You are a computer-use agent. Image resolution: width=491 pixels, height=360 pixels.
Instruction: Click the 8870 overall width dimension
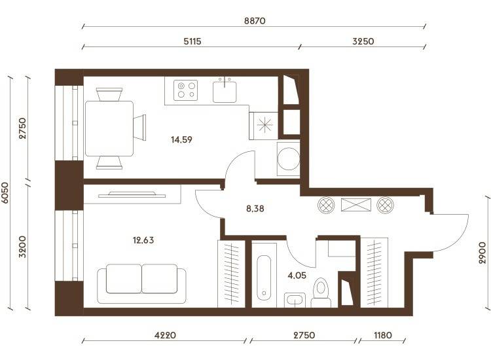coord(255,21)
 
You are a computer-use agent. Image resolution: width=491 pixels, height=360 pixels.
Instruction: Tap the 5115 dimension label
coord(192,41)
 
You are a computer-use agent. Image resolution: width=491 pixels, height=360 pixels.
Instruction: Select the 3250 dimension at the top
coord(363,41)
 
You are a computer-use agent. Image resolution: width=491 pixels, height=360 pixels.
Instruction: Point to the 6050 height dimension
coord(5,192)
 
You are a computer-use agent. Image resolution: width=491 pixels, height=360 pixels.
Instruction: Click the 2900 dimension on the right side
coord(482,253)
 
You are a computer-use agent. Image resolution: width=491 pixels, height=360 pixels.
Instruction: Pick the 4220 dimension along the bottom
coord(165,335)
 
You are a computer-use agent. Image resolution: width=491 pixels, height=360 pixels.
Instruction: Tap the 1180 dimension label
coord(383,335)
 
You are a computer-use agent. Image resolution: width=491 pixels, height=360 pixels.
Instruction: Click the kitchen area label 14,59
coord(181,139)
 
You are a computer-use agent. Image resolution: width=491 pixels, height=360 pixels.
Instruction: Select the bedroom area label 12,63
coord(143,240)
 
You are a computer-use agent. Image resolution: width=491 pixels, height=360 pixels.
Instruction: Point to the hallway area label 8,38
coord(255,209)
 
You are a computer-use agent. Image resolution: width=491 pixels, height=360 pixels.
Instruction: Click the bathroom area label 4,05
coord(297,276)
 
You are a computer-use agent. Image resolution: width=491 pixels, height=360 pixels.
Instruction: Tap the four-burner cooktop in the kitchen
coord(186,90)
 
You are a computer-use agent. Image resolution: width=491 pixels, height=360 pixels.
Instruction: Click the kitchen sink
coord(225,90)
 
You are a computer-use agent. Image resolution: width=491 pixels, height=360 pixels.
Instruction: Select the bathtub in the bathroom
coord(264,278)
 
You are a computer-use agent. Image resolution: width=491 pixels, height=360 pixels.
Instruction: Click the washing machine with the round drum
coord(289,159)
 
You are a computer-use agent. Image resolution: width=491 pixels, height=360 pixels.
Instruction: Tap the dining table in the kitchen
coord(109,129)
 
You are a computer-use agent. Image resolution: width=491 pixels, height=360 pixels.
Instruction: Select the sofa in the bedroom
coord(141,283)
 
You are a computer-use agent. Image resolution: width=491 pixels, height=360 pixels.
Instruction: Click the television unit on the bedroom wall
coord(132,194)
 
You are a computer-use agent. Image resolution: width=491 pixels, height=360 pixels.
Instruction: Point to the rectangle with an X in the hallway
coord(356,205)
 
